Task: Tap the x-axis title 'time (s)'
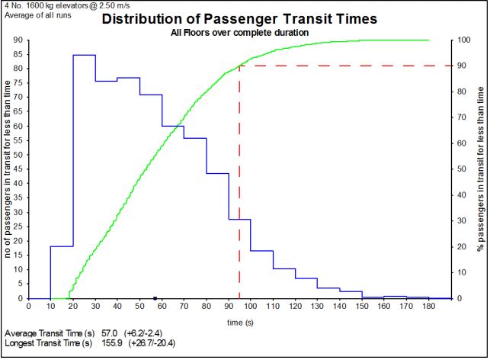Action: [x=240, y=323]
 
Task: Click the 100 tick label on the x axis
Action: [x=251, y=306]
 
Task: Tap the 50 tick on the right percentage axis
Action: [x=463, y=169]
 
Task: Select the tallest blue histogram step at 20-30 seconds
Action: [x=84, y=55]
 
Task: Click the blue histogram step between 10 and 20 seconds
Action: [x=62, y=246]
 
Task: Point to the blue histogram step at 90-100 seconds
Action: [x=239, y=220]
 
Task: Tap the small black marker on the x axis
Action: [x=155, y=297]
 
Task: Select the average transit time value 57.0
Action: [x=109, y=334]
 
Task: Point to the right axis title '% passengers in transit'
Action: [x=481, y=169]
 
